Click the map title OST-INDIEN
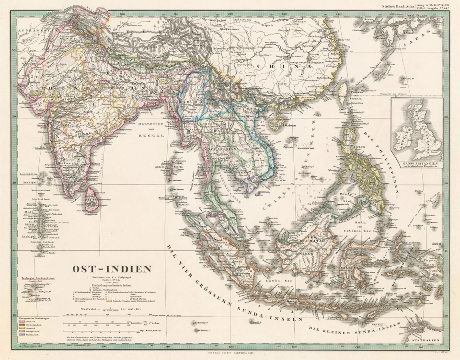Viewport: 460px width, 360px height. [112, 269]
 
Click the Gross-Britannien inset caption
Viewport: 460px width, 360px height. [416, 163]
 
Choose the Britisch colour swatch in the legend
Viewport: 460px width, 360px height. [23, 322]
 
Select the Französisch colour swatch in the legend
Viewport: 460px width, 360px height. [23, 339]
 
